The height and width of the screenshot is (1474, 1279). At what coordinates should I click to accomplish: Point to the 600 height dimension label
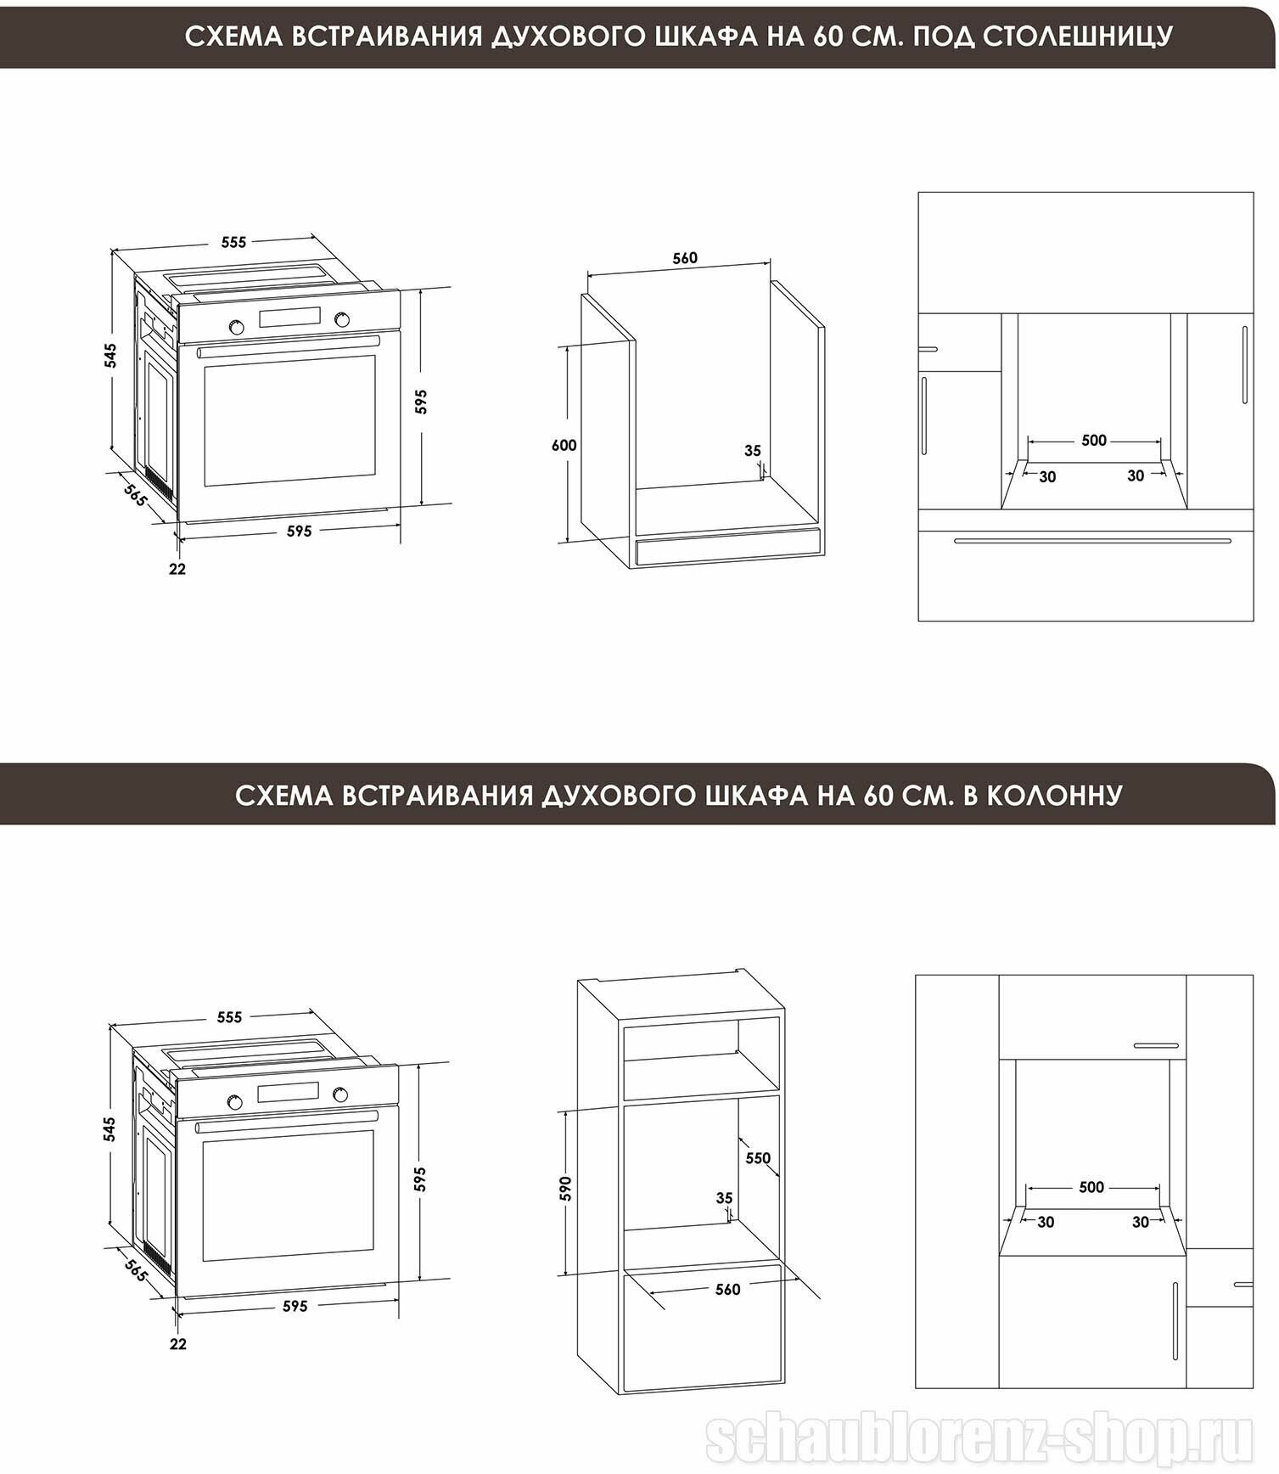pyautogui.click(x=564, y=445)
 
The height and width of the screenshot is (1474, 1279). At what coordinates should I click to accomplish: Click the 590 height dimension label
pyautogui.click(x=566, y=1188)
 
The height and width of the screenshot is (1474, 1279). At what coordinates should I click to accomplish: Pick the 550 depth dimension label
pyautogui.click(x=758, y=1158)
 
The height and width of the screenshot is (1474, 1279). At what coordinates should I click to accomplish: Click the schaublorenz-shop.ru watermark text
pyautogui.click(x=979, y=1439)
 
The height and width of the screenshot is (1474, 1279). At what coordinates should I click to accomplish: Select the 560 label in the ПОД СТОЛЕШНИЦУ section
pyautogui.click(x=685, y=258)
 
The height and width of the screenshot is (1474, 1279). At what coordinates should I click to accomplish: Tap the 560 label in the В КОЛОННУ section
pyautogui.click(x=727, y=1289)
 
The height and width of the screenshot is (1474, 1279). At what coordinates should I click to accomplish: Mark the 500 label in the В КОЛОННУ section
pyautogui.click(x=1091, y=1187)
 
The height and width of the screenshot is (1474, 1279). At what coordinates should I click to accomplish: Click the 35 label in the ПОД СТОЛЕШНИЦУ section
pyautogui.click(x=753, y=451)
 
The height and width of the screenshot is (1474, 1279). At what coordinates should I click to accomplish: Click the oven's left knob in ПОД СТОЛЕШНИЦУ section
pyautogui.click(x=236, y=327)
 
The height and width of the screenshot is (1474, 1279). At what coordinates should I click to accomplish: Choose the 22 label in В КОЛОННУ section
pyautogui.click(x=177, y=1344)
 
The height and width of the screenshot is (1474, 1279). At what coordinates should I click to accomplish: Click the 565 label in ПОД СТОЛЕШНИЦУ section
pyautogui.click(x=135, y=494)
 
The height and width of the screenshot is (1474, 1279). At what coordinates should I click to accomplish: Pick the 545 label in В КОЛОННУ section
pyautogui.click(x=110, y=1128)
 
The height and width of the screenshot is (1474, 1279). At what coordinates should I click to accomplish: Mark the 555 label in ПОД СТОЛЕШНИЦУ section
pyautogui.click(x=233, y=242)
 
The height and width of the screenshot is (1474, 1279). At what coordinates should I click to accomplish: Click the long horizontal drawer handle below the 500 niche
pyautogui.click(x=1092, y=541)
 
